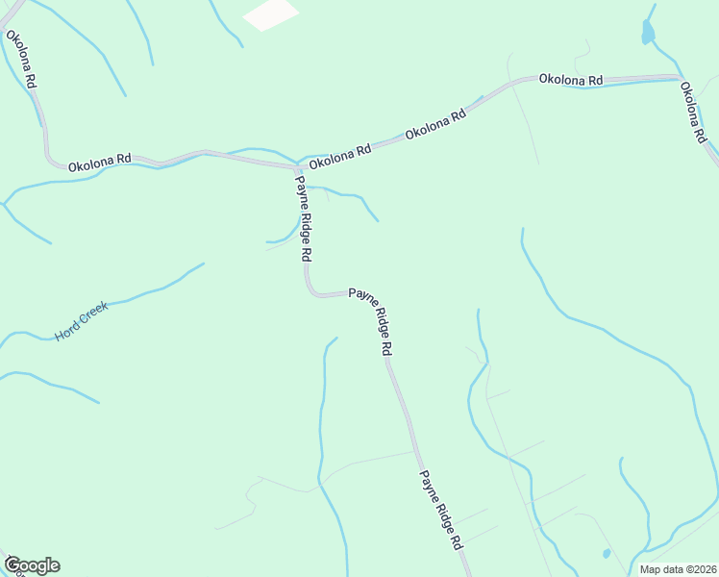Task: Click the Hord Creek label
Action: (x=82, y=321)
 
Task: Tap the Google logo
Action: (x=32, y=565)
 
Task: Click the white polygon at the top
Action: (x=270, y=13)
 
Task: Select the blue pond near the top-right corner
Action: (x=648, y=32)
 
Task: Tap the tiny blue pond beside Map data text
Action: (x=606, y=554)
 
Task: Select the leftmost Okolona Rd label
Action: (x=20, y=60)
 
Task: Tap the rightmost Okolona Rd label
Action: (x=693, y=113)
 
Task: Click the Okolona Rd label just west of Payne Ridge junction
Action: (x=99, y=162)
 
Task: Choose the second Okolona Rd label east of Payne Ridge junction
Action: (x=435, y=122)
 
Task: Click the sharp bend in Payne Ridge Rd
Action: (x=311, y=290)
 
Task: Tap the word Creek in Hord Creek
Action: (x=93, y=314)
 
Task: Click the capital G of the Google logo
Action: (x=13, y=564)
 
